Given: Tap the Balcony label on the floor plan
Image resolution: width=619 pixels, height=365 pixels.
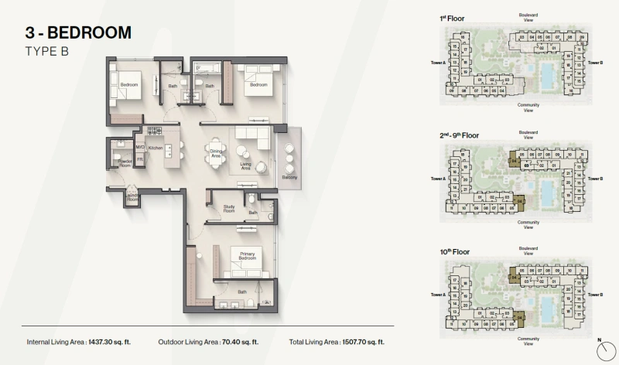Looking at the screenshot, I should [x=289, y=177].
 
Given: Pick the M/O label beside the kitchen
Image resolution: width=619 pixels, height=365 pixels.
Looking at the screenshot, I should [x=141, y=147].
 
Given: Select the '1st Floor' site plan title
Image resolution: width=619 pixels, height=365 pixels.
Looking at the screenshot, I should [x=450, y=18].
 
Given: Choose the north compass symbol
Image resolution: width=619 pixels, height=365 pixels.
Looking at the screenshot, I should [x=600, y=349].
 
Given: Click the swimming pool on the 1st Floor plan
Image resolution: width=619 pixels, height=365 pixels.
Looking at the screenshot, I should [x=547, y=76].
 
